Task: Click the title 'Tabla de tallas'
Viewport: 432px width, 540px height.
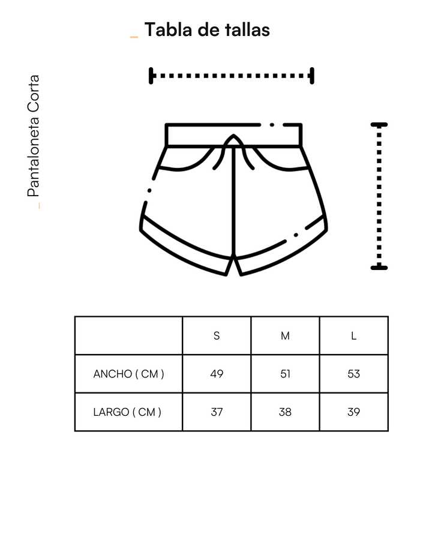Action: point(207,29)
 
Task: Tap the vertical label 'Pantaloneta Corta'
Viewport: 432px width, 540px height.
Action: point(34,136)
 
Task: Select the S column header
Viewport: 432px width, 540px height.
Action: point(217,335)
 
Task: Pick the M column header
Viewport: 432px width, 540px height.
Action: point(285,335)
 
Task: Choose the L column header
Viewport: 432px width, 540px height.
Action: point(353,335)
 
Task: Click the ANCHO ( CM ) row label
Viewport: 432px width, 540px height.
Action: point(128,374)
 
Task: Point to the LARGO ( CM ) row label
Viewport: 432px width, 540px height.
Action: point(127,412)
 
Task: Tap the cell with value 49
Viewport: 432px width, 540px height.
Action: point(217,374)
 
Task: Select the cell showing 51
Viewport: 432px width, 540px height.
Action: point(285,374)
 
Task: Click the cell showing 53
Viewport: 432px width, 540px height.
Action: point(353,374)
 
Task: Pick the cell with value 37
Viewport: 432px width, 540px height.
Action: point(217,412)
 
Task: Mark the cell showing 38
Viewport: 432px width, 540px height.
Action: point(285,412)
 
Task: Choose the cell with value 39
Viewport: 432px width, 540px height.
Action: point(353,412)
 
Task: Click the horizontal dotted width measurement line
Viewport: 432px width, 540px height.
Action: point(232,76)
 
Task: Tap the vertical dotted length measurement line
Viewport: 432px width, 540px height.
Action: point(379,196)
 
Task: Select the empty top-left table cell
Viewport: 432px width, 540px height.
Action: point(128,335)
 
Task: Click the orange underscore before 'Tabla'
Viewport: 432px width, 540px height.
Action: point(134,37)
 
